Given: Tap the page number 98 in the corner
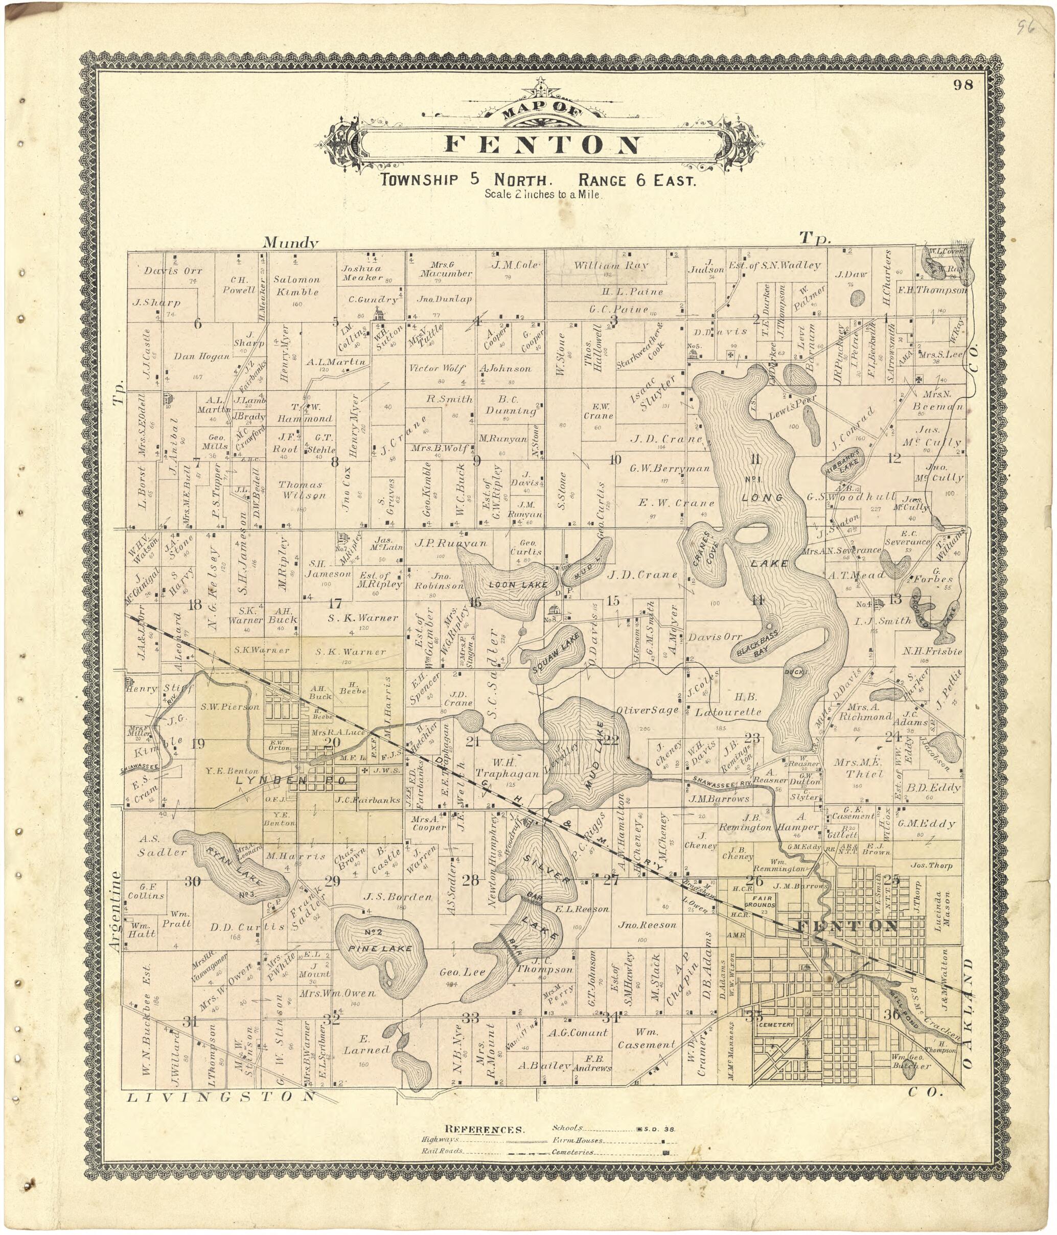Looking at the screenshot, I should click(x=963, y=85).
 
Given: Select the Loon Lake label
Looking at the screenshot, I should click(x=517, y=585).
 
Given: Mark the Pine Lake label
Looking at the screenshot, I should click(x=380, y=948).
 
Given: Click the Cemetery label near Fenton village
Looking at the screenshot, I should click(x=777, y=1024).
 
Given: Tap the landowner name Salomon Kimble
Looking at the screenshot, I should click(x=296, y=285).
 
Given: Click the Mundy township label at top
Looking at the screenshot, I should click(x=290, y=242).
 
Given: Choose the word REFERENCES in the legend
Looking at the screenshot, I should click(x=485, y=1130).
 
